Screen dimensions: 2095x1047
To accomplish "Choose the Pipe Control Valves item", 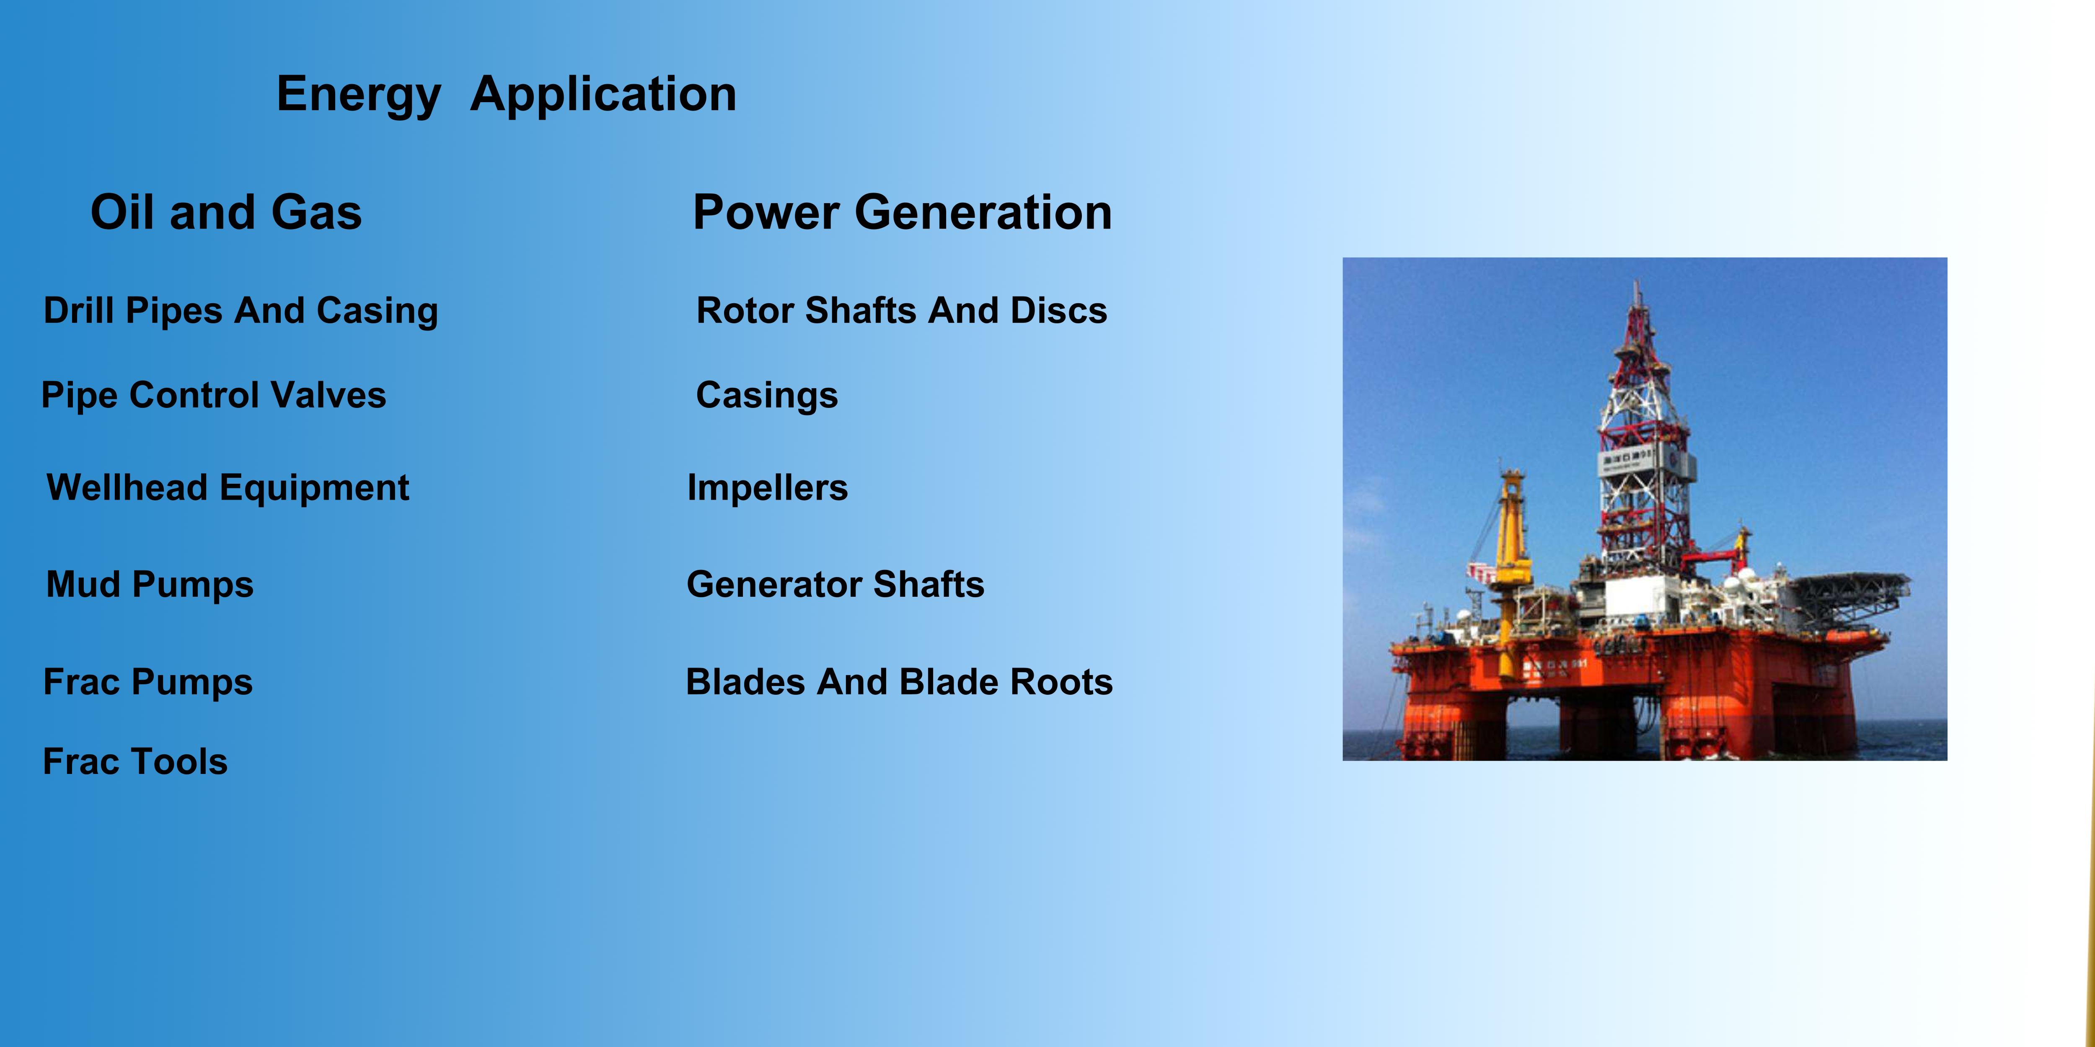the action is tap(214, 395).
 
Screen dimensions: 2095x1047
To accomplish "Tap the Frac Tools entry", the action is tap(135, 762).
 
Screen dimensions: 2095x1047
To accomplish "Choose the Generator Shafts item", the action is tap(835, 585).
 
